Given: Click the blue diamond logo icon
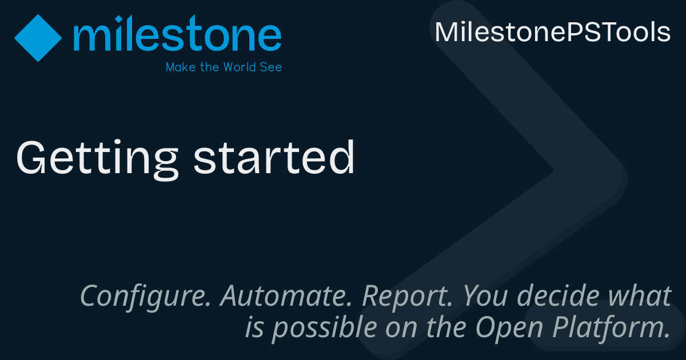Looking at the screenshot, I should pyautogui.click(x=38, y=38).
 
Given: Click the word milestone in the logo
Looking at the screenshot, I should pyautogui.click(x=177, y=35).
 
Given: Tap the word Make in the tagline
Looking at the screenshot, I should pyautogui.click(x=179, y=67).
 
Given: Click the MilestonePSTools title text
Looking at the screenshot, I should pyautogui.click(x=552, y=33).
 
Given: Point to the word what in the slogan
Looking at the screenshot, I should pyautogui.click(x=640, y=296).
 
